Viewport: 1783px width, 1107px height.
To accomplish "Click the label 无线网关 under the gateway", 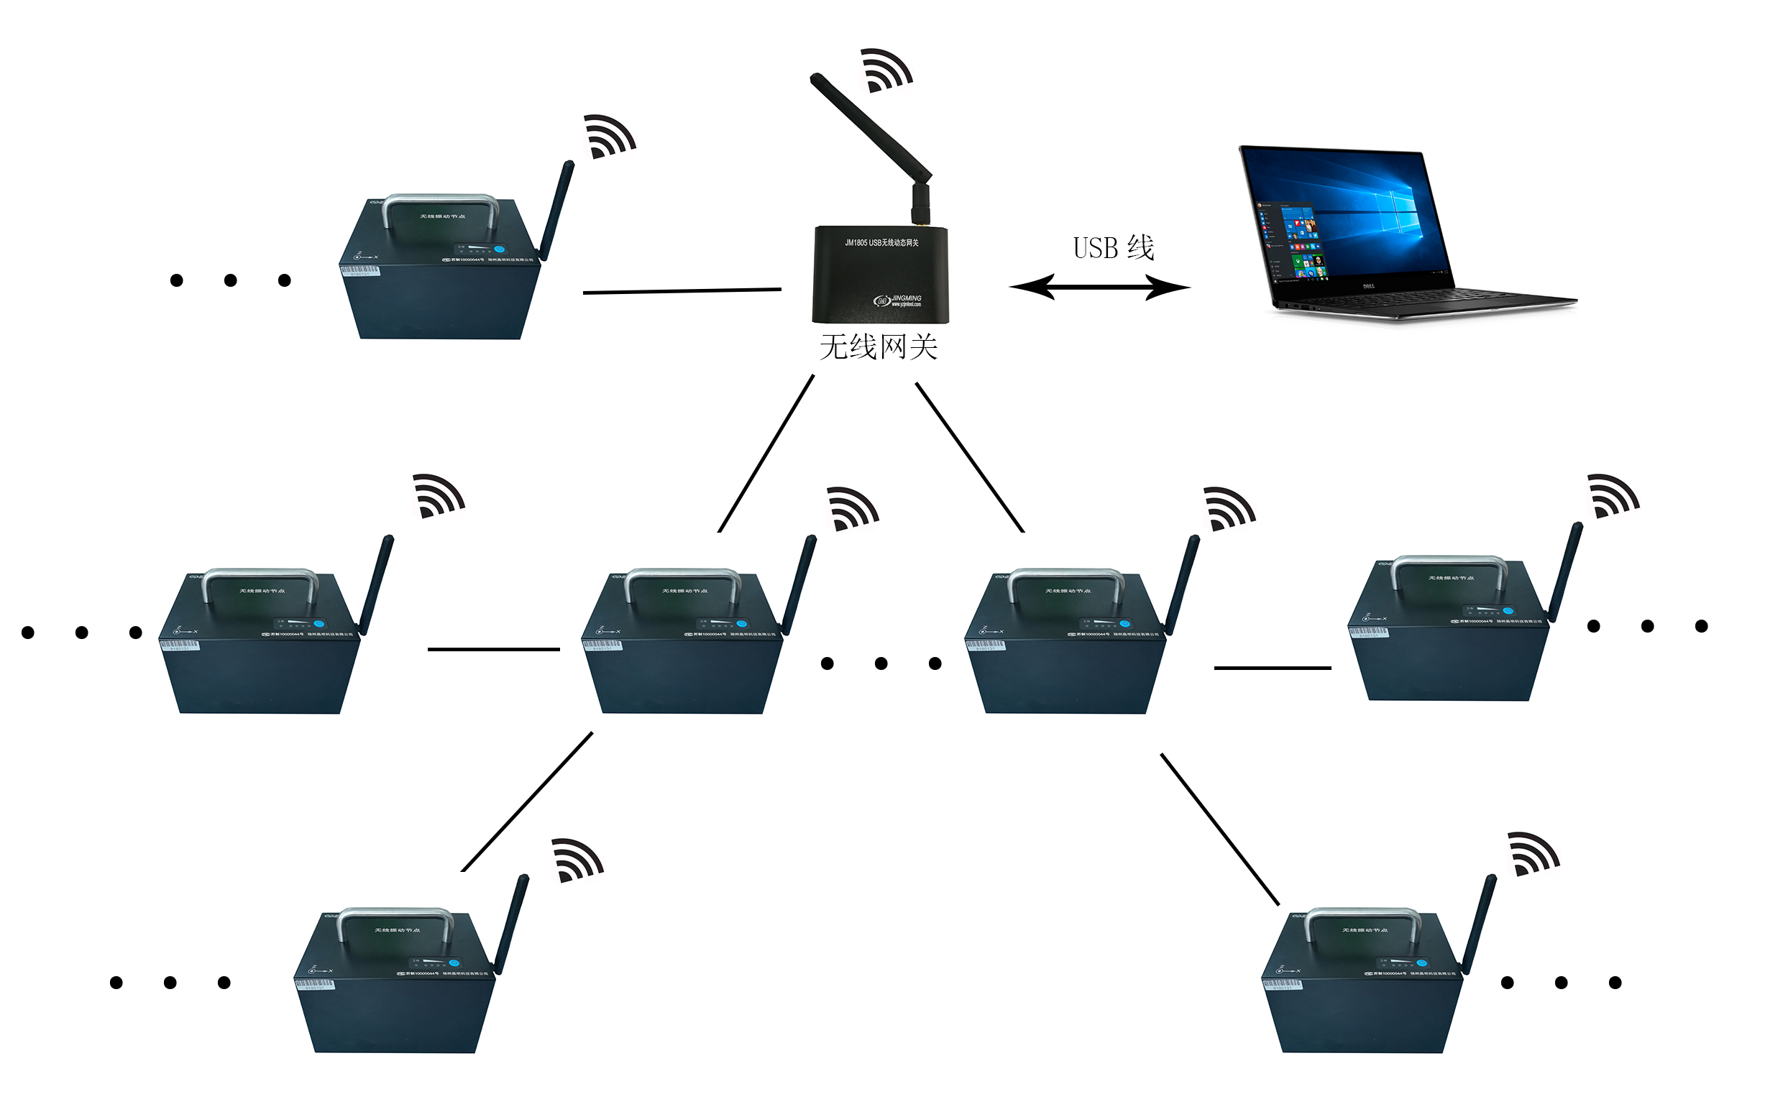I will (x=879, y=348).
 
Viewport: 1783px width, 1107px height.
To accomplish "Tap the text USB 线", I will (x=1114, y=248).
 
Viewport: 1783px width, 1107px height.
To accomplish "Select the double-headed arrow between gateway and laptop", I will (x=1099, y=288).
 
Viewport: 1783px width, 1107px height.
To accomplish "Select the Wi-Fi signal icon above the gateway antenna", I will (x=886, y=70).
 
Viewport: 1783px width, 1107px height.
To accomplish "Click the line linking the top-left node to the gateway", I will (x=682, y=291).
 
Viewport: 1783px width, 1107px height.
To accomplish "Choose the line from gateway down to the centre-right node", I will (x=969, y=457).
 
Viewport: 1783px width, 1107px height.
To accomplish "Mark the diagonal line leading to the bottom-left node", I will (x=527, y=801).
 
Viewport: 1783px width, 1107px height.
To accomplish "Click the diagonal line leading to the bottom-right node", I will (x=1220, y=830).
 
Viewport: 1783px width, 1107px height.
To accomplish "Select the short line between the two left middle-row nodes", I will (x=493, y=649).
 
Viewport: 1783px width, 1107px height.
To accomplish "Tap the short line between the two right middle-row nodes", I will (x=1272, y=669).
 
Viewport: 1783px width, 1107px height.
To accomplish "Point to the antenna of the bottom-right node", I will (x=1480, y=924).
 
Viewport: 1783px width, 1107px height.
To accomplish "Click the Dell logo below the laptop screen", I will (x=1369, y=286).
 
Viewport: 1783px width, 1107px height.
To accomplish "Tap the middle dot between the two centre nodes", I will (x=881, y=664).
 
